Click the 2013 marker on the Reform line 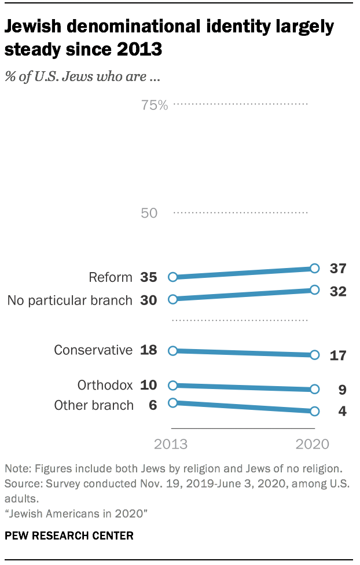172,277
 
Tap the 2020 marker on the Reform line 314,268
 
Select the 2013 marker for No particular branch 172,299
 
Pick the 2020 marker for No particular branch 314,289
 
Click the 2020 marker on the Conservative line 314,355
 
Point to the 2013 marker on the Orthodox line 172,385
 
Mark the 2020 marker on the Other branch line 314,411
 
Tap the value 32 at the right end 337,291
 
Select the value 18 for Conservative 149,350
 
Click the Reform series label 110,277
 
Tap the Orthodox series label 105,385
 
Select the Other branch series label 94,405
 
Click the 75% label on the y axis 154,105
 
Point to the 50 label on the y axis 149,213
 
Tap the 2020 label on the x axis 313,445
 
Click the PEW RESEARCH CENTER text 69,535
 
